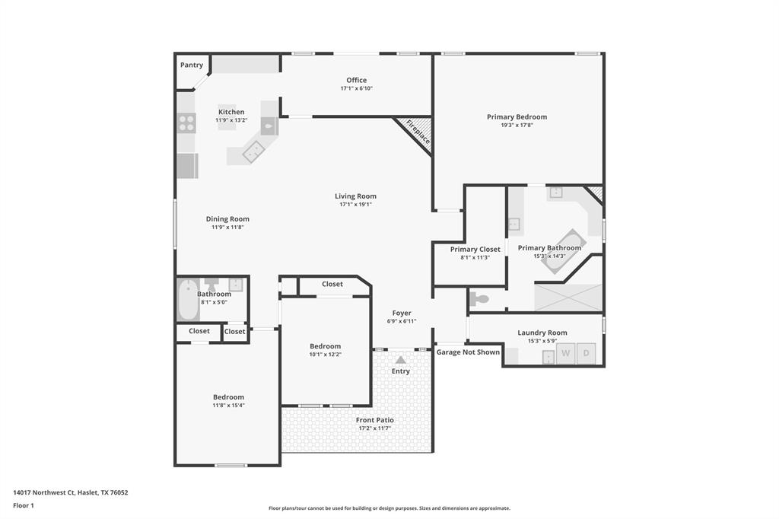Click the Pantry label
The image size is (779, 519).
click(x=192, y=65)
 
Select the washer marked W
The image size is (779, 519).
click(x=565, y=353)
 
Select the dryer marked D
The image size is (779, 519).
click(x=586, y=353)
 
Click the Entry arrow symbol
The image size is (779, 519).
click(x=401, y=359)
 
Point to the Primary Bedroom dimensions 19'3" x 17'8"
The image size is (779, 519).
click(x=517, y=125)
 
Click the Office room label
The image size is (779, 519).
click(x=356, y=80)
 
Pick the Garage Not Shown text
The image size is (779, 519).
click(x=468, y=352)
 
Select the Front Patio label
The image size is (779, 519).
click(x=375, y=420)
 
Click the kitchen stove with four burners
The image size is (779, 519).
click(x=186, y=123)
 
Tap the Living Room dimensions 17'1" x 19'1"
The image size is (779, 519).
click(x=355, y=204)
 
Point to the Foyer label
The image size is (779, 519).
click(x=402, y=313)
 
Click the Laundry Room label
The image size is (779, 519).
click(x=542, y=333)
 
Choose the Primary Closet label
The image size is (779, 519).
click(x=475, y=249)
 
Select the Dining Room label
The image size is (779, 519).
click(x=227, y=219)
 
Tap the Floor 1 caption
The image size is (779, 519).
click(x=24, y=505)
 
